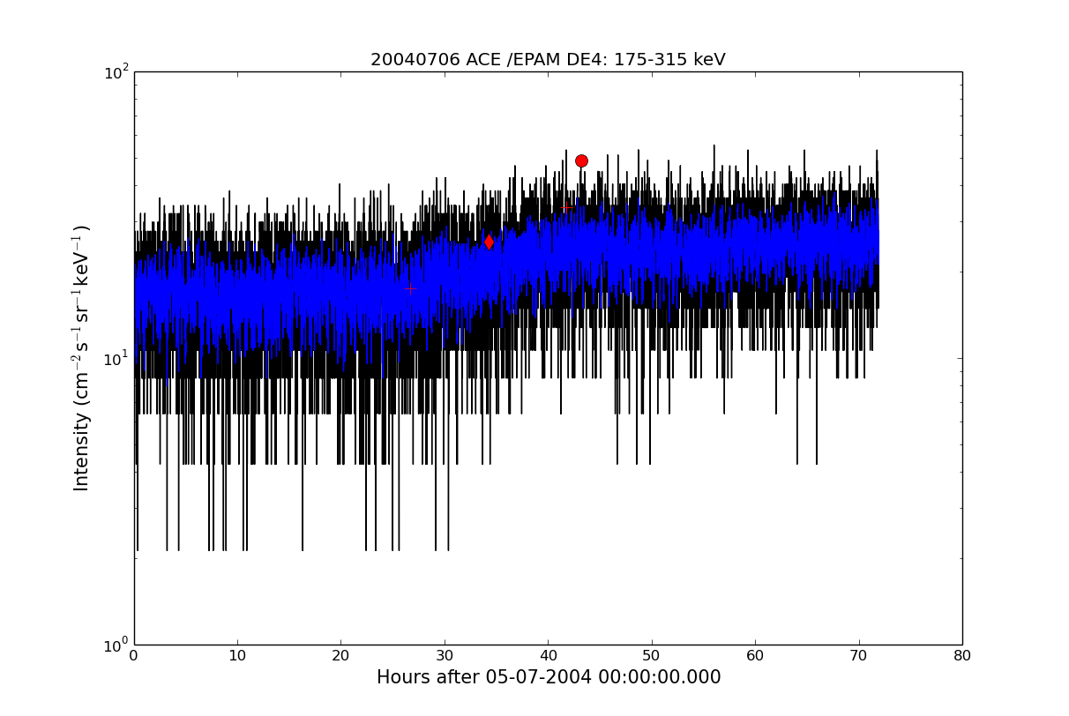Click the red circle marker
pos(581,161)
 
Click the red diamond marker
pos(489,242)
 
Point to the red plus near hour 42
pos(566,208)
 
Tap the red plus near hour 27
pos(410,289)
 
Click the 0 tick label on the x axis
pos(134,656)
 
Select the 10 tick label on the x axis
pos(237,656)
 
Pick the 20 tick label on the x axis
pos(340,656)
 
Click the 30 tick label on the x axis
pos(445,656)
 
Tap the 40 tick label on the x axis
pos(548,656)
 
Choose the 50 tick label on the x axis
pos(652,656)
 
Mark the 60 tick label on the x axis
pos(755,656)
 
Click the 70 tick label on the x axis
pos(858,656)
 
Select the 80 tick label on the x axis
pos(962,656)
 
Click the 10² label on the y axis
pos(116,72)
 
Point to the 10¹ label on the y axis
pos(116,359)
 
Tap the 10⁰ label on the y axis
pos(116,645)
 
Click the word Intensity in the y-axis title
pos(81,451)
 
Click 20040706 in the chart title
pos(415,60)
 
